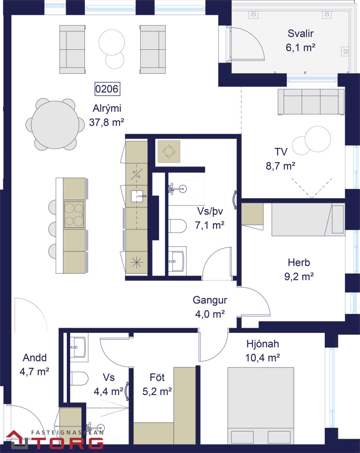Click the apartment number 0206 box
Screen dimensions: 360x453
pyautogui.click(x=107, y=89)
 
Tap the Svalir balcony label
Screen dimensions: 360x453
pyautogui.click(x=300, y=34)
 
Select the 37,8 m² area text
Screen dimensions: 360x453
pyautogui.click(x=106, y=122)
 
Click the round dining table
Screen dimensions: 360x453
pyautogui.click(x=55, y=125)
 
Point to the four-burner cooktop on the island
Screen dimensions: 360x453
pyautogui.click(x=74, y=214)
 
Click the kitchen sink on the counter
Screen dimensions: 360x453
pyautogui.click(x=137, y=196)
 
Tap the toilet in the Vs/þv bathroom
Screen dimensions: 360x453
pyautogui.click(x=177, y=226)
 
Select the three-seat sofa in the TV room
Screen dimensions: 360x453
pyautogui.click(x=311, y=102)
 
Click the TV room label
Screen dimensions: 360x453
pyautogui.click(x=281, y=152)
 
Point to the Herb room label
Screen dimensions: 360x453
pyautogui.click(x=299, y=262)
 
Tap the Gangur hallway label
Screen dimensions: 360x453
pyautogui.click(x=210, y=300)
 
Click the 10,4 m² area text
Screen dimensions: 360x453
pyautogui.click(x=262, y=357)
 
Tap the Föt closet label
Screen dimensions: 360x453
pyautogui.click(x=157, y=377)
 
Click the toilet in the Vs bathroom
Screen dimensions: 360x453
pyautogui.click(x=79, y=378)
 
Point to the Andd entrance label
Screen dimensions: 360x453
pyautogui.click(x=35, y=357)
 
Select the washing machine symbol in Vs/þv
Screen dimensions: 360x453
pyautogui.click(x=169, y=151)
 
